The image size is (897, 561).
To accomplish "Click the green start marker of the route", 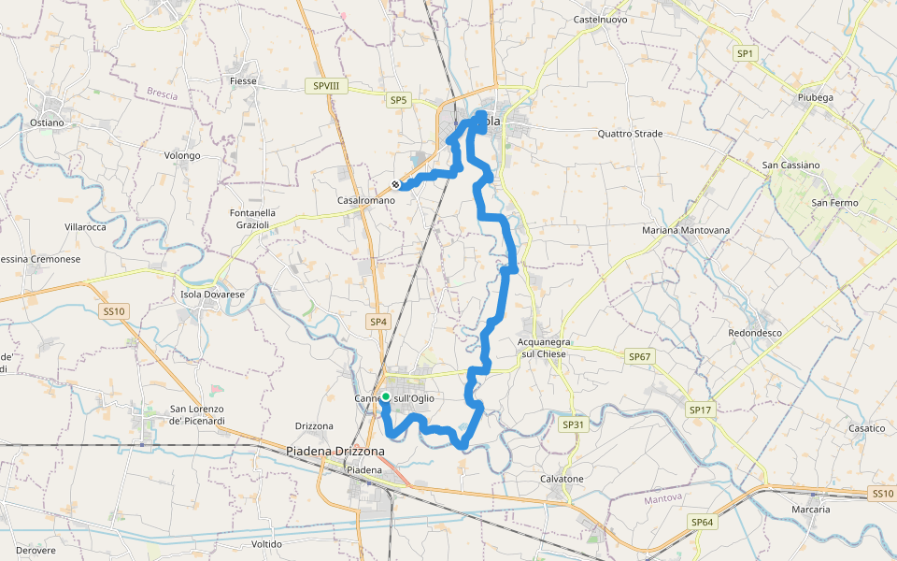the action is [386, 397].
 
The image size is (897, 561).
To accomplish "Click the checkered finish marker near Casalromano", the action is [396, 185].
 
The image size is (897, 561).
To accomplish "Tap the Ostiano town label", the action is [47, 122].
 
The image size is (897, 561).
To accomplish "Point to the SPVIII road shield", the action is [326, 86].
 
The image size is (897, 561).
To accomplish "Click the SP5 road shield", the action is [399, 99].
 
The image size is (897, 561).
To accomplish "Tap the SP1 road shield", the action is [745, 53].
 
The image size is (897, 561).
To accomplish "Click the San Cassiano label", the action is [791, 165].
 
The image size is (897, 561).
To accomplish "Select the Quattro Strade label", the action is [630, 134].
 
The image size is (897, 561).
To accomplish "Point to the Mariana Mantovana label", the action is [686, 230].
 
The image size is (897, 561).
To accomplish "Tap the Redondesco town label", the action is [755, 333].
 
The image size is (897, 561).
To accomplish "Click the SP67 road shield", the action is [639, 356].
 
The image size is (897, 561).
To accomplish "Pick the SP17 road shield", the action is [700, 410].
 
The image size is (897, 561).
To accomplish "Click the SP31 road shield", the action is [573, 424].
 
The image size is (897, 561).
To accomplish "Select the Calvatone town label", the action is [562, 479].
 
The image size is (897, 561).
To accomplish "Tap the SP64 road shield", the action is [702, 522].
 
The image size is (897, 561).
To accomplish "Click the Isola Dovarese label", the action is [212, 295].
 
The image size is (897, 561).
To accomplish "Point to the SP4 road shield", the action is [377, 322].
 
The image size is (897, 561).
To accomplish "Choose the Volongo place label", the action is [182, 155].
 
